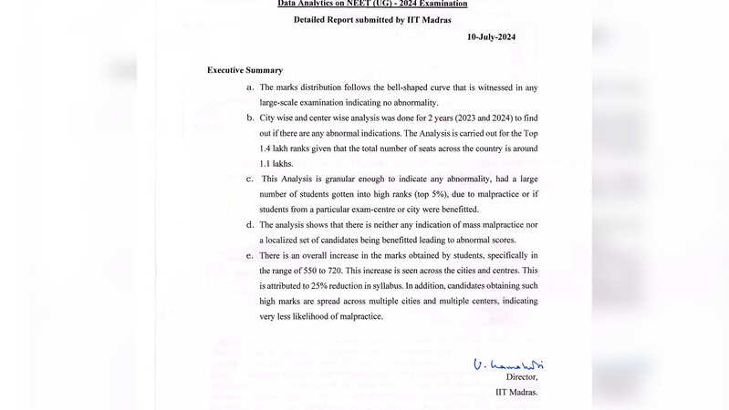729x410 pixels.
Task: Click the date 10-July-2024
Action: point(491,37)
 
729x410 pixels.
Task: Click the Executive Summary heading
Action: point(245,70)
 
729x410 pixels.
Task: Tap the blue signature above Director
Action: point(507,364)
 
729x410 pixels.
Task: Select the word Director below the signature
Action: point(522,377)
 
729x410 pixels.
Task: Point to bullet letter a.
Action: point(250,87)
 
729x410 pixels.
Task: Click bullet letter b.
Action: point(250,118)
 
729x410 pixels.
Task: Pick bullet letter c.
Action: point(250,179)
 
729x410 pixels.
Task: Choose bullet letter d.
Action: point(250,224)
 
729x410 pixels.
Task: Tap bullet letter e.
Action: point(250,255)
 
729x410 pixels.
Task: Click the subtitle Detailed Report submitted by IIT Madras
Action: point(372,19)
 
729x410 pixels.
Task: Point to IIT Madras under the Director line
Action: point(516,393)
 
